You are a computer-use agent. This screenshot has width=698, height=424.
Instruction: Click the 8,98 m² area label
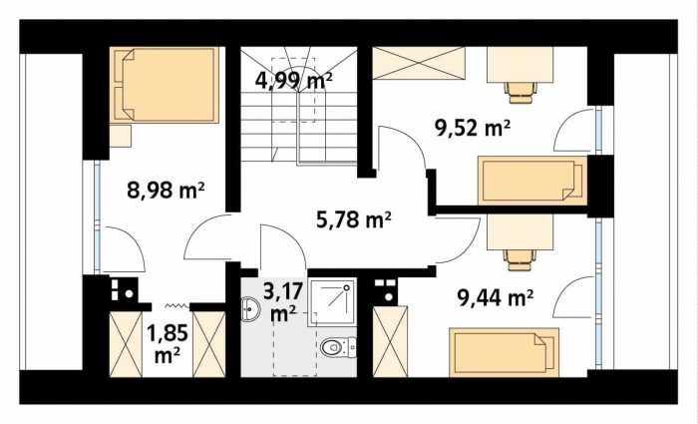(x=166, y=191)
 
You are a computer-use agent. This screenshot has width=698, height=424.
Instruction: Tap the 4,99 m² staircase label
(x=294, y=81)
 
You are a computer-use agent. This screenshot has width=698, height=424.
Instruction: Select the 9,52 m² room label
(x=472, y=129)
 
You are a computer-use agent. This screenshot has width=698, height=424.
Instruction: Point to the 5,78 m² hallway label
(x=354, y=219)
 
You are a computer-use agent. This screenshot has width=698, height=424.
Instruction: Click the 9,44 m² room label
(x=496, y=297)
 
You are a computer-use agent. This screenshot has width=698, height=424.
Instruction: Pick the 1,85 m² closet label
(x=168, y=344)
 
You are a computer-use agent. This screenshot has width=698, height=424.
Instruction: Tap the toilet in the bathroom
(x=338, y=347)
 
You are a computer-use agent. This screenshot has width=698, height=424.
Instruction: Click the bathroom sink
(x=250, y=308)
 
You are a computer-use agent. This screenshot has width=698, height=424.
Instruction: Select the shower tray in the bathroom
(x=333, y=302)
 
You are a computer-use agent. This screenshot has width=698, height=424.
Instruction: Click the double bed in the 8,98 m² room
(x=165, y=85)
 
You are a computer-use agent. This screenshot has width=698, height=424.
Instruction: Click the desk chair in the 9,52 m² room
(x=521, y=92)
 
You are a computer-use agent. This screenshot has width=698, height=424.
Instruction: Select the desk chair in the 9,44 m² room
(x=520, y=259)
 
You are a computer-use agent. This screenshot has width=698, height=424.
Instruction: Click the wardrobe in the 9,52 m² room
(x=419, y=63)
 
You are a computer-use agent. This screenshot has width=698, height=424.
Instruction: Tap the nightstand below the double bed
(x=121, y=136)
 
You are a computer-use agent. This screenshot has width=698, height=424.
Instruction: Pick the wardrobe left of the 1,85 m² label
(x=126, y=344)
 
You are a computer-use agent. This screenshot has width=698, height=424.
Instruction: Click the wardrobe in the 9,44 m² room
(x=390, y=342)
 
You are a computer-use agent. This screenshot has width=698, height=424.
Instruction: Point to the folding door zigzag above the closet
(x=177, y=305)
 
